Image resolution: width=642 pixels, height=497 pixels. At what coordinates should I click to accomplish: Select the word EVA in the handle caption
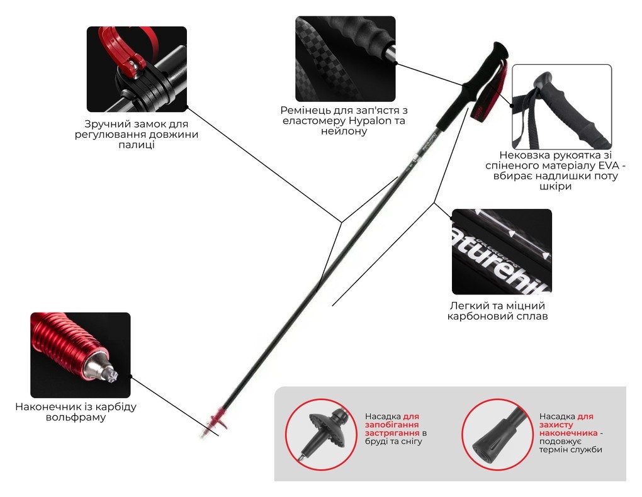607,166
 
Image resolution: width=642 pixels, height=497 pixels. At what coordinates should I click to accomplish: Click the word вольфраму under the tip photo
76,418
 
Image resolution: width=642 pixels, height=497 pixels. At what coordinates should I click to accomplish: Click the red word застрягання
392,433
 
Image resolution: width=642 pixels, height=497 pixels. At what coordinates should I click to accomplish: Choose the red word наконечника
568,433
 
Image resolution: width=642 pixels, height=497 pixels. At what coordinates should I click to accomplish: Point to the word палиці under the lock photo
137,145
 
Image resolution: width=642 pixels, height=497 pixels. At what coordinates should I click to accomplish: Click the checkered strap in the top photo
324,62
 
